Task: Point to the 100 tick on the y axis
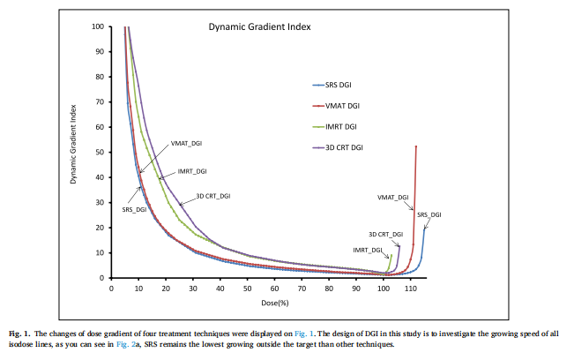[100, 26]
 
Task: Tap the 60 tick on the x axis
[274, 288]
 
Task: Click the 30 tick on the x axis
[193, 288]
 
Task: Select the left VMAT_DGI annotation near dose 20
[186, 143]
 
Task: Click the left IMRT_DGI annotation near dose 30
[191, 170]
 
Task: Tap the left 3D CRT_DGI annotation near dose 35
[212, 196]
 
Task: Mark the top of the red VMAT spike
[415, 146]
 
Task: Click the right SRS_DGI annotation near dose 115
[429, 214]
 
